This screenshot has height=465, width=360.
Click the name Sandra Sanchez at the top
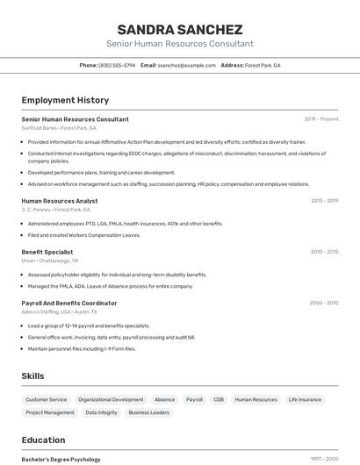[180, 29]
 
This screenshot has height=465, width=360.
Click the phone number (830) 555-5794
[117, 65]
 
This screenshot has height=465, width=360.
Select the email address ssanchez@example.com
[186, 65]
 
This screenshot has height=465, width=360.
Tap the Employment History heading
[65, 100]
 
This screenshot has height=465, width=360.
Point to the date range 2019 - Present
[321, 119]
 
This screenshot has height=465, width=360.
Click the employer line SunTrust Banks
[59, 128]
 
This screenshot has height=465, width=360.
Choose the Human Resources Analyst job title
[60, 201]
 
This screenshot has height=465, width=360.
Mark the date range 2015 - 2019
[324, 201]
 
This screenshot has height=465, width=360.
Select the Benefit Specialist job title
[47, 252]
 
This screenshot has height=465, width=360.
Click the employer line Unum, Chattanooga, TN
[50, 261]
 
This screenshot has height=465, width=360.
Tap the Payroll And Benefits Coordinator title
[69, 303]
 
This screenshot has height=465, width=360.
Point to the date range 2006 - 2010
[324, 303]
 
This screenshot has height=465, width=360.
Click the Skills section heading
[33, 376]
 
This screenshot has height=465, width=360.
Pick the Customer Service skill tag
[47, 399]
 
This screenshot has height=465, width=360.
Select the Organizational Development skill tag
[111, 399]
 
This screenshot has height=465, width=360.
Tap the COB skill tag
[219, 399]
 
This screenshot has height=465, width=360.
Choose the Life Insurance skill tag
[305, 399]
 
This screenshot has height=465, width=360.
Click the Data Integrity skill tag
[101, 412]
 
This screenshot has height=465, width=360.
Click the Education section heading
[43, 440]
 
